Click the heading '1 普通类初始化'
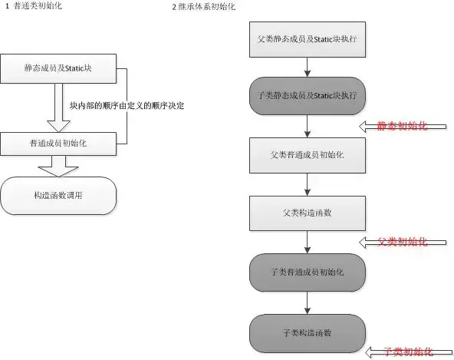click(x=35, y=6)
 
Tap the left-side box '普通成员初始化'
click(x=58, y=143)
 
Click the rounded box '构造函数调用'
click(x=58, y=196)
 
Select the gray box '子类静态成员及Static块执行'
click(x=307, y=95)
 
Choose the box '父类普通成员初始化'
click(x=307, y=154)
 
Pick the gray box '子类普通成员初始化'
click(x=307, y=272)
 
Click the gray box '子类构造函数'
click(x=307, y=332)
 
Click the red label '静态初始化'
click(x=401, y=126)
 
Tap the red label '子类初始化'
click(x=407, y=352)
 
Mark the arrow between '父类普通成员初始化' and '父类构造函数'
click(x=307, y=183)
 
